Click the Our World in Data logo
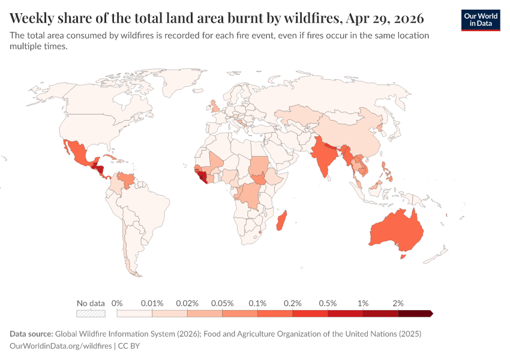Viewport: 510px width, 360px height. tap(480, 20)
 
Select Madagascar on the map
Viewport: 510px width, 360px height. tap(281, 220)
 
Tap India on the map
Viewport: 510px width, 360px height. tap(325, 159)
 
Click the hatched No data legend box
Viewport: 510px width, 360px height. tap(91, 313)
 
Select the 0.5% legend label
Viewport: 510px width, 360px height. tap(328, 303)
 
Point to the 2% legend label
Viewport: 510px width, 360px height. tap(398, 303)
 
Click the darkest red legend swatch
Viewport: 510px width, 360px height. tap(415, 313)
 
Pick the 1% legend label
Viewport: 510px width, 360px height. tap(363, 303)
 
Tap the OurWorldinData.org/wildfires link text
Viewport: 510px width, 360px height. tap(61, 346)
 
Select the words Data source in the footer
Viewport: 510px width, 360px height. tap(31, 333)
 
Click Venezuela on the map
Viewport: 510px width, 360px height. tap(126, 179)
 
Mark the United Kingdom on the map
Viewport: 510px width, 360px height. tap(215, 107)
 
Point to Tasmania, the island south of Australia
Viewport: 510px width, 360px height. tap(403, 257)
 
